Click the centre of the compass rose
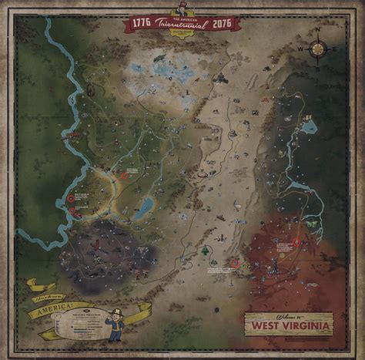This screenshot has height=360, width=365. point(317,48)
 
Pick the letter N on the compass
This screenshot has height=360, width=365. point(317,32)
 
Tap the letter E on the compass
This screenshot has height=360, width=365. point(333,48)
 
